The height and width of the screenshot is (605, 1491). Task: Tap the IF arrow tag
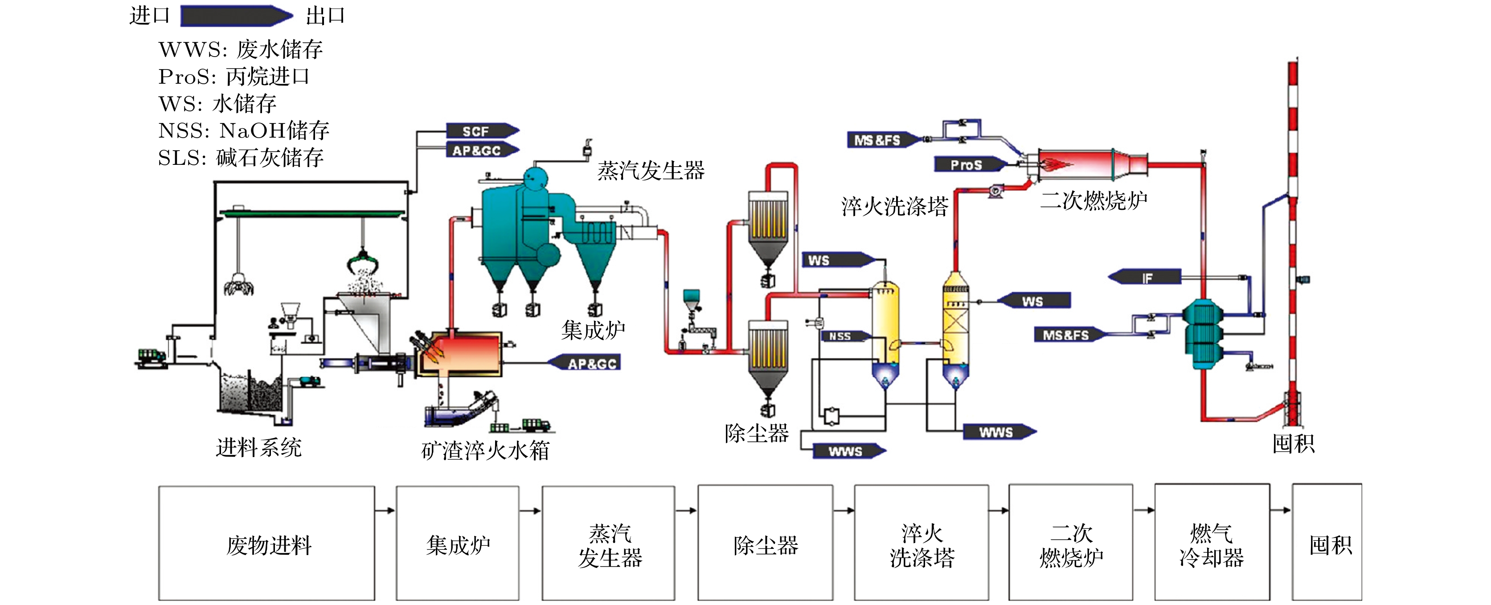click(x=1146, y=277)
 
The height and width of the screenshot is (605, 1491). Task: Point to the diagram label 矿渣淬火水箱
click(x=485, y=450)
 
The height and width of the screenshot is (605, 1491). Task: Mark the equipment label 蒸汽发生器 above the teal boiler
click(x=651, y=171)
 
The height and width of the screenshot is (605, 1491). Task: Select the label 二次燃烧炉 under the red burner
click(x=1094, y=201)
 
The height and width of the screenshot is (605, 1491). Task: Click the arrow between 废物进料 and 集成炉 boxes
click(x=385, y=510)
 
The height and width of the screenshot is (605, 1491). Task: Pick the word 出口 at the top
click(x=325, y=16)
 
